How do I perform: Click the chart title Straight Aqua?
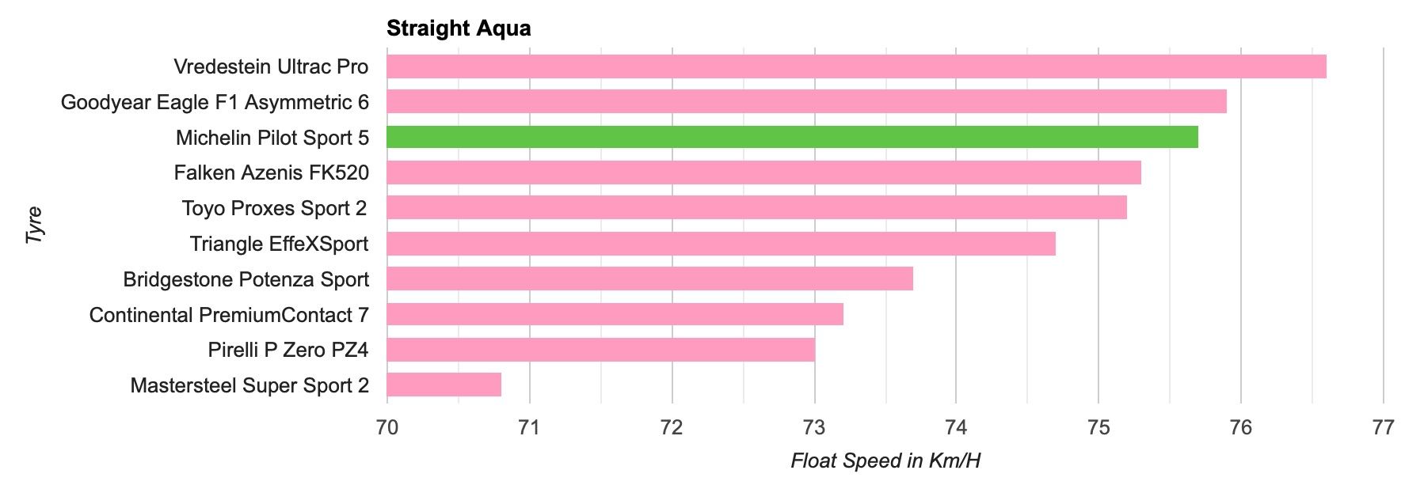click(459, 28)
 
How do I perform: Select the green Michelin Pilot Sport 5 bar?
click(792, 137)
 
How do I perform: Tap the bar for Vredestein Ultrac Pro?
click(856, 66)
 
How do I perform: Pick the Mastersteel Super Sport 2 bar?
click(444, 385)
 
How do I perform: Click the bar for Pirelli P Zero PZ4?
click(600, 350)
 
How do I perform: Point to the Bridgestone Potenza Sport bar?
click(649, 279)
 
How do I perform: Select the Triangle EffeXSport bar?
click(721, 244)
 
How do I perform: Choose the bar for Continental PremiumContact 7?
click(615, 314)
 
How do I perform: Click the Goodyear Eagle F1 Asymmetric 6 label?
click(215, 102)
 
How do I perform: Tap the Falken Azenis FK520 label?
click(272, 172)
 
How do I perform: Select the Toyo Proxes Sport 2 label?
click(275, 208)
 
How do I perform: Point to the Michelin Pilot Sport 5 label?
click(272, 138)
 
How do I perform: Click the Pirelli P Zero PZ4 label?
click(288, 350)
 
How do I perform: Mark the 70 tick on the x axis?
click(386, 428)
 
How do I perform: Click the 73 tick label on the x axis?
click(814, 428)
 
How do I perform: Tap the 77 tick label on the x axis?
click(1383, 428)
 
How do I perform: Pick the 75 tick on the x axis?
click(1098, 428)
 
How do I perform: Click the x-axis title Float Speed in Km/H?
click(885, 461)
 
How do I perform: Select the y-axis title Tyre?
click(34, 225)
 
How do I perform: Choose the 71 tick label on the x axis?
click(529, 428)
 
